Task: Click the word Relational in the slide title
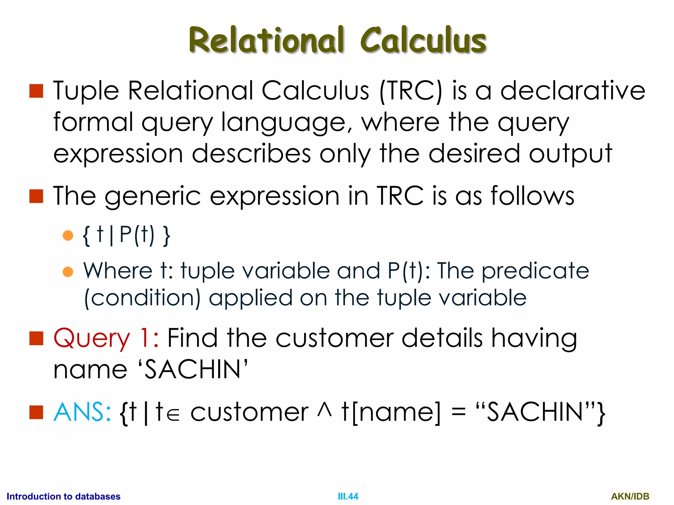pos(267,40)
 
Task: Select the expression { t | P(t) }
pos(127,235)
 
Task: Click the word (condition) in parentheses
pos(142,298)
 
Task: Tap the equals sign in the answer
pos(458,413)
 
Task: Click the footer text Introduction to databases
pos(64,496)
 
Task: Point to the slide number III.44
pos(348,496)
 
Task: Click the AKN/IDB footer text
pos(630,496)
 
